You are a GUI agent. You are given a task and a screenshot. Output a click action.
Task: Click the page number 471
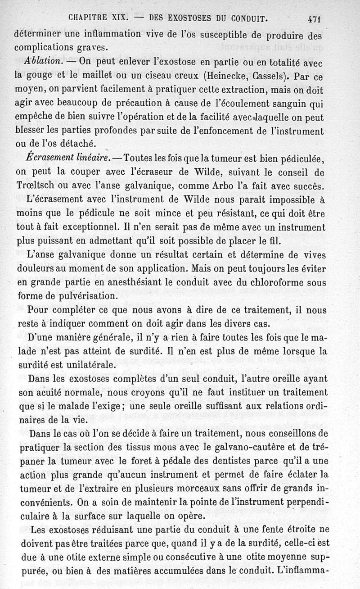(x=317, y=19)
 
